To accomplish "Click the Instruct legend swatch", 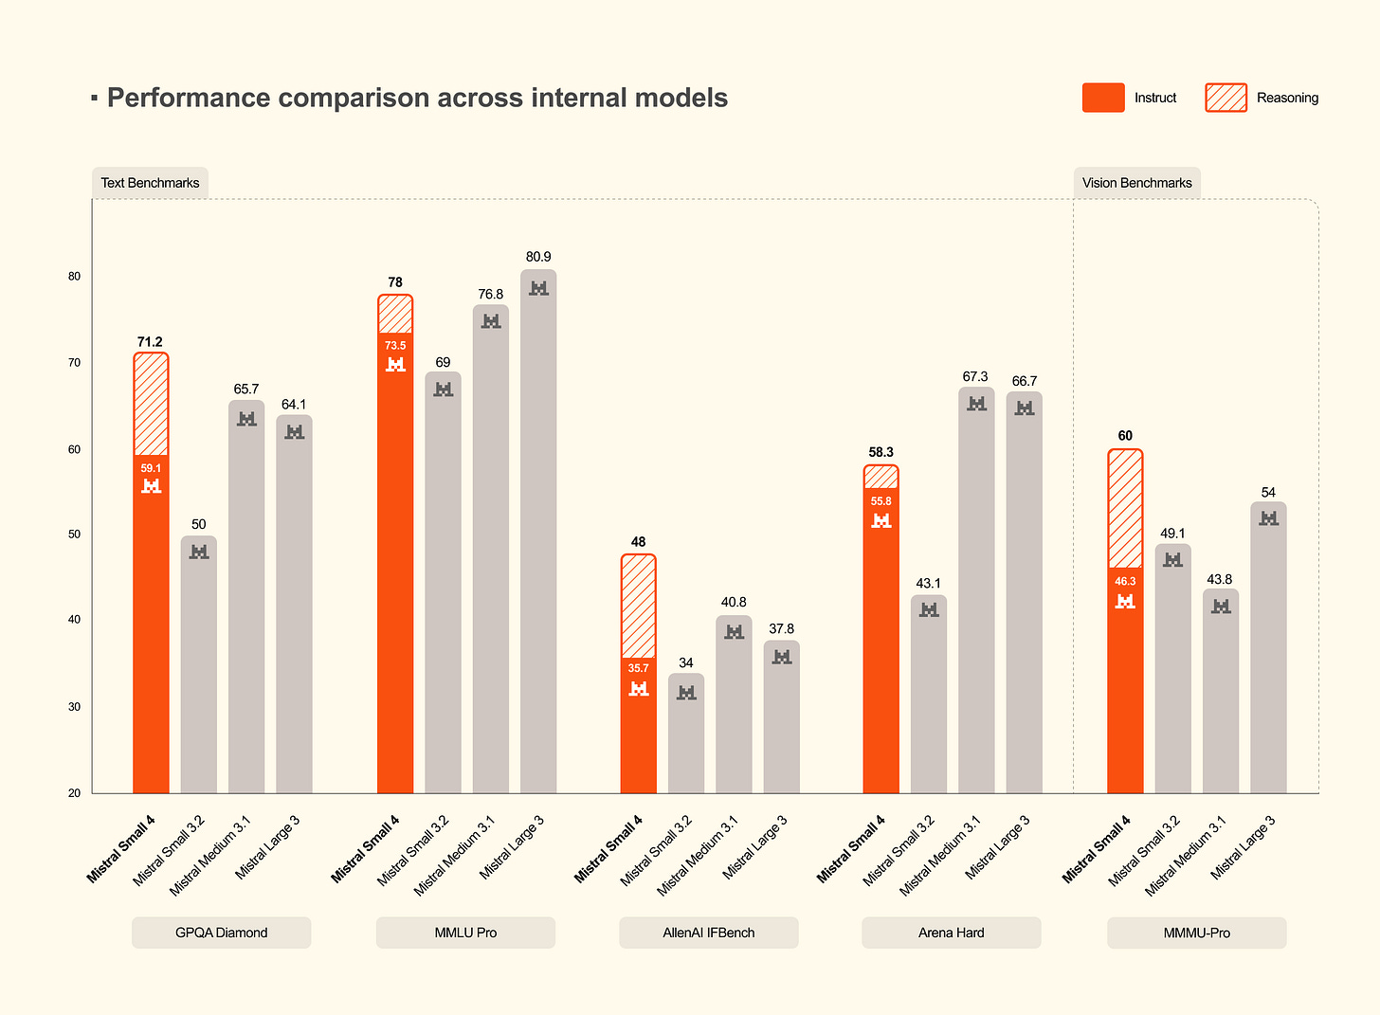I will click(x=1103, y=98).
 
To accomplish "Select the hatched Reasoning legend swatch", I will click(x=1226, y=98).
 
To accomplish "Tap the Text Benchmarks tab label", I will click(x=150, y=183).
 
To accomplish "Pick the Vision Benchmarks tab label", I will click(x=1136, y=183).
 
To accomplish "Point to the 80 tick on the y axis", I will click(x=74, y=277).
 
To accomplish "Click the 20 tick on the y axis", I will click(x=74, y=793).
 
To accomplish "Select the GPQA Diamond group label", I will click(x=221, y=933).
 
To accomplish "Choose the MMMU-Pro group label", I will click(x=1196, y=933).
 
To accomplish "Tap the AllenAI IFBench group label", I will click(x=708, y=933).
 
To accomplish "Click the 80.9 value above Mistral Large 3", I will click(x=538, y=257).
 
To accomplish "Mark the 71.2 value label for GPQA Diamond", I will click(x=150, y=341).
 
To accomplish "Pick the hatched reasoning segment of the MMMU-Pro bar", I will click(x=1124, y=508).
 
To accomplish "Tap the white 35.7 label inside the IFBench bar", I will click(x=638, y=668).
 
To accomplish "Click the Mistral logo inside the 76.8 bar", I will click(x=491, y=321).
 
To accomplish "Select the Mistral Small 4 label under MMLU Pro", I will click(x=366, y=849).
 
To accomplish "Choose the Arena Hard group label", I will click(x=951, y=933).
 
